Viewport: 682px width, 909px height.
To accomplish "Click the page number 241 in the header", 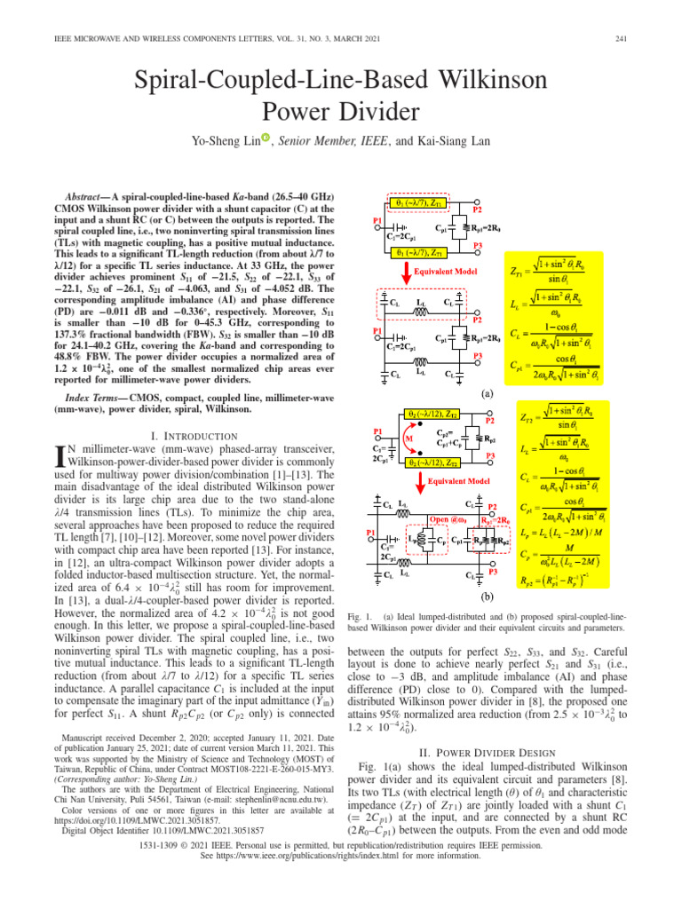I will (x=632, y=36).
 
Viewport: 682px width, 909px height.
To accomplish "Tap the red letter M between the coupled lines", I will (x=408, y=438).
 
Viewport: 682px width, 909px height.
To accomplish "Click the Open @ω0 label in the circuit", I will (x=450, y=518).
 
